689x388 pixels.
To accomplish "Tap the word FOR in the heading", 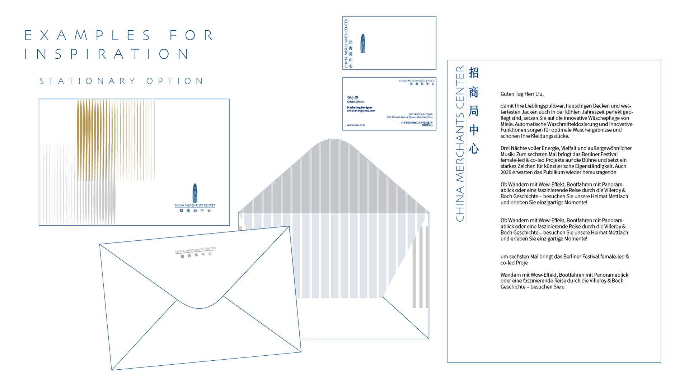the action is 191,35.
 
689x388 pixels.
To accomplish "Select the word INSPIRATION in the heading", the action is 107,54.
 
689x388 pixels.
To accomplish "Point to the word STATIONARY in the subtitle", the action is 88,81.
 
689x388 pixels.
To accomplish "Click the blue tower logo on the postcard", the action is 195,193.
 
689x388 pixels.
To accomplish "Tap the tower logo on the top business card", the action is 363,43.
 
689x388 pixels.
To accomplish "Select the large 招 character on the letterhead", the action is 474,73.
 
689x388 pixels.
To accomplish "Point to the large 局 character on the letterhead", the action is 474,111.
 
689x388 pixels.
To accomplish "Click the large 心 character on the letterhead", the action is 474,148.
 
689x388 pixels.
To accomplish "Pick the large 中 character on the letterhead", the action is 474,130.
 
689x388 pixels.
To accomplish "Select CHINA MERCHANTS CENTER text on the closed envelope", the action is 195,250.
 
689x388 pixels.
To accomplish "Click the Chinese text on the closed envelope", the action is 196,255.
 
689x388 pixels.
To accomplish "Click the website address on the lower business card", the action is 356,125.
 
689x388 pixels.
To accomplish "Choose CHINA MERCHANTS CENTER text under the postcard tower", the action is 195,205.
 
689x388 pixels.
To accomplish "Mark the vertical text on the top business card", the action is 346,43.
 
